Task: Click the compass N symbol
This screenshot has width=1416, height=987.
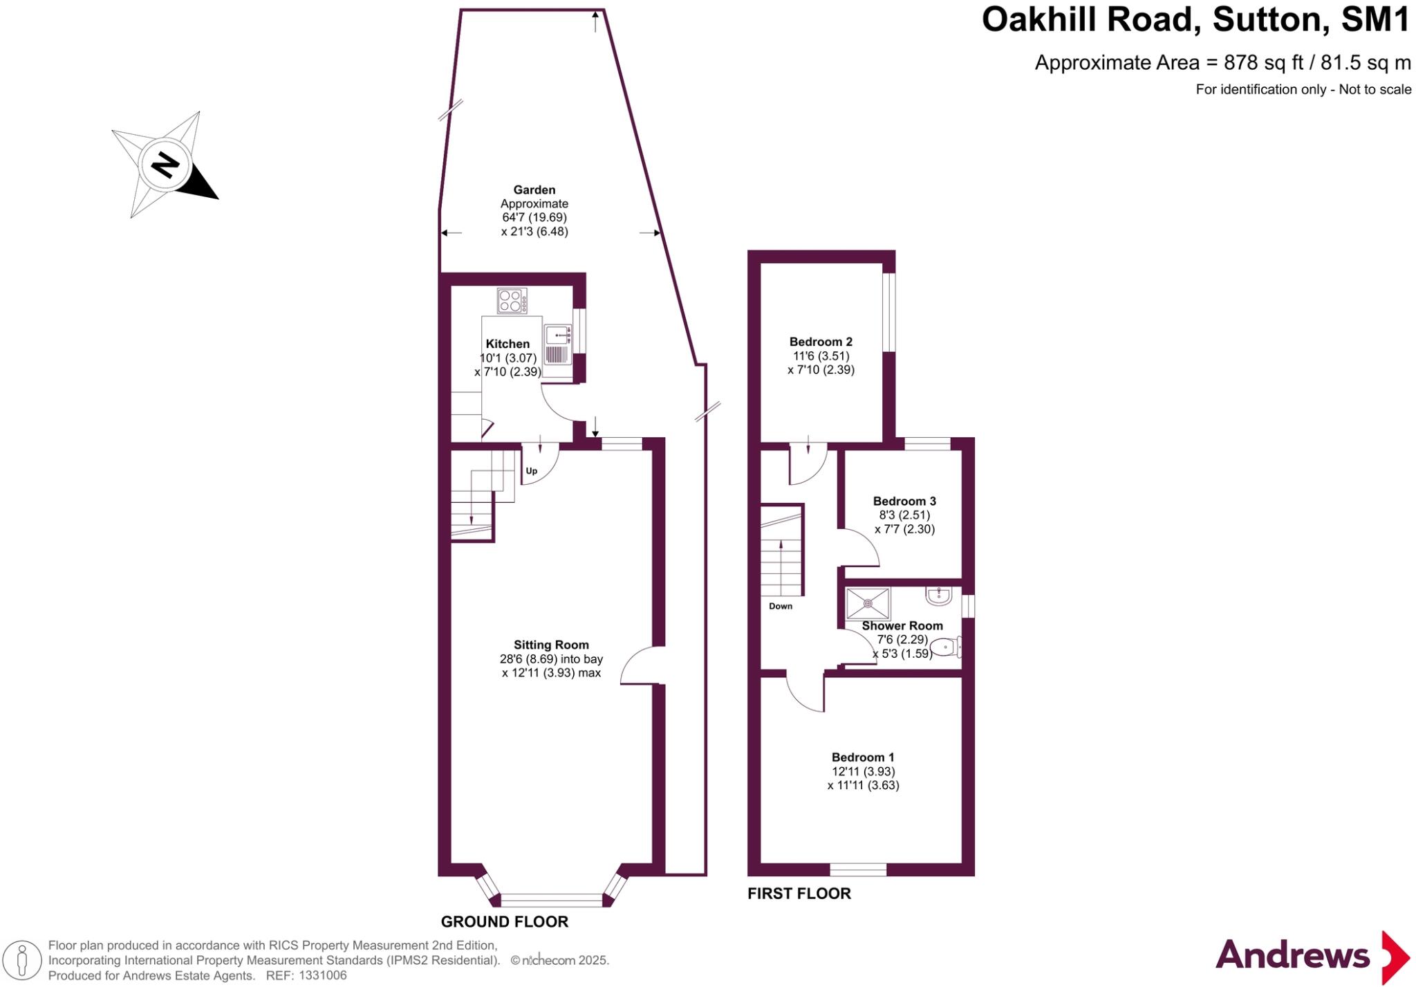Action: [x=165, y=165]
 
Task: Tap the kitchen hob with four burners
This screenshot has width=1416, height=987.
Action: [x=512, y=301]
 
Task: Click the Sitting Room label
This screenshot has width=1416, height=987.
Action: [x=551, y=645]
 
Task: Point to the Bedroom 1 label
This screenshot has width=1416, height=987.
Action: [x=863, y=757]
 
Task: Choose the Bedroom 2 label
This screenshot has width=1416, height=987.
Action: [x=821, y=342]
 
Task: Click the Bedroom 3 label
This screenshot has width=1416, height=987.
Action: [x=904, y=501]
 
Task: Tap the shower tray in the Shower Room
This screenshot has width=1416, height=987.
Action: [x=868, y=603]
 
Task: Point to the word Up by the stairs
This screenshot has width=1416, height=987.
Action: [x=532, y=471]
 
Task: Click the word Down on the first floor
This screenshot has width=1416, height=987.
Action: [x=781, y=606]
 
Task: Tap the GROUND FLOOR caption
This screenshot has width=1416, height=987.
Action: [x=505, y=921]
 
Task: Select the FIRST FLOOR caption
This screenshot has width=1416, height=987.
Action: [x=799, y=893]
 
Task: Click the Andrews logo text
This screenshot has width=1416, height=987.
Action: [x=1292, y=956]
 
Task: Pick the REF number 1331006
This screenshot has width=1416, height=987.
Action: [x=322, y=975]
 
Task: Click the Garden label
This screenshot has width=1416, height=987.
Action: [x=534, y=190]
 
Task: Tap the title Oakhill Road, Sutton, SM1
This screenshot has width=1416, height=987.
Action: [x=1195, y=19]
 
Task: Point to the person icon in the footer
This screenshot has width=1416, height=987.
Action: [x=23, y=961]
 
